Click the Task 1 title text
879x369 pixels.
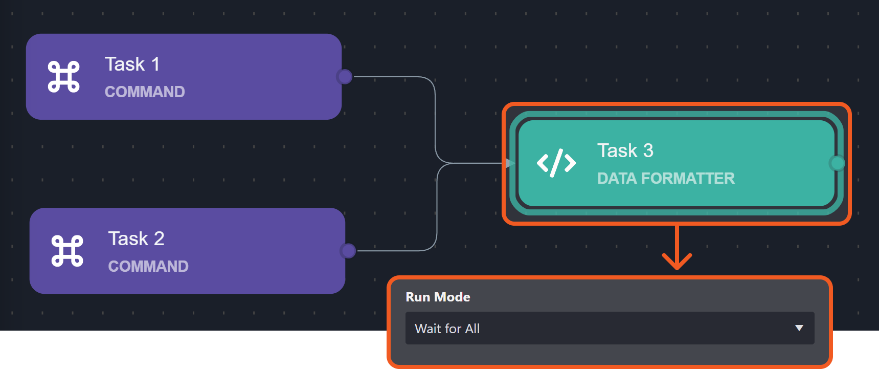tap(132, 64)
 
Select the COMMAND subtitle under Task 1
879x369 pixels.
tap(145, 92)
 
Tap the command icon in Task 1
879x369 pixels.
tap(64, 77)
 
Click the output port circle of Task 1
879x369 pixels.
tap(345, 77)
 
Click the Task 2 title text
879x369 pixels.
tap(136, 239)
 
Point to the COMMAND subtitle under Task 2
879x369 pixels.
tap(148, 267)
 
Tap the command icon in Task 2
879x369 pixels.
tap(67, 251)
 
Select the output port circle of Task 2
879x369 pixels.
tap(348, 251)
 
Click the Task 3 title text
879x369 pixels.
tap(625, 151)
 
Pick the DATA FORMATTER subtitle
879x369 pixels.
tap(666, 179)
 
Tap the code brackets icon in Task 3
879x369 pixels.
tap(556, 163)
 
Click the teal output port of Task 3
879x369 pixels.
tap(837, 163)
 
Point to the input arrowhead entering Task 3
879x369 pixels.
tap(510, 163)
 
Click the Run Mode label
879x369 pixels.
tap(438, 297)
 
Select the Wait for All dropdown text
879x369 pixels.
tap(447, 329)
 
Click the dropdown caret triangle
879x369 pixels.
tap(799, 328)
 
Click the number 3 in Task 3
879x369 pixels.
tap(648, 151)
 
